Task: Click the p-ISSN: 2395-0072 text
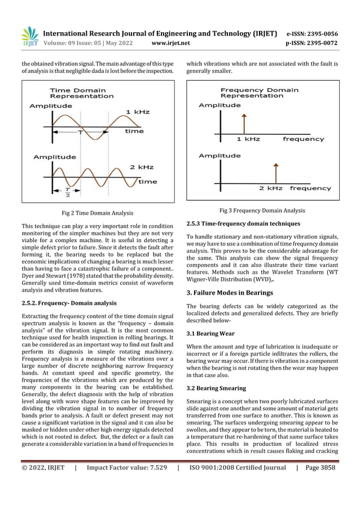[312, 43]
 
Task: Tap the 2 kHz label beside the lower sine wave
[142, 168]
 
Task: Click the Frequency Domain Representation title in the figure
[259, 93]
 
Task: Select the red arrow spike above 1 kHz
[244, 123]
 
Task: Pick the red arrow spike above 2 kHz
[275, 173]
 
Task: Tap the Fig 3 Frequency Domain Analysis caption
[262, 210]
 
